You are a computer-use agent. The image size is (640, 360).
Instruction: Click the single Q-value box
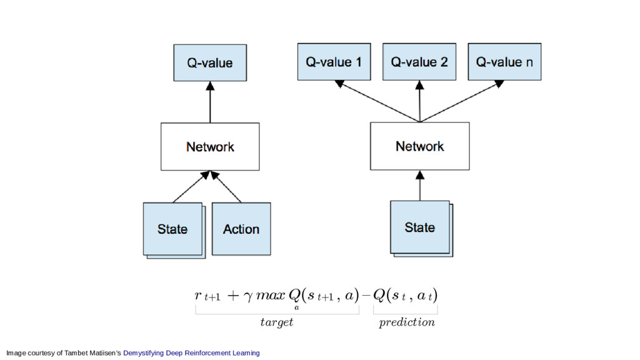tap(210, 63)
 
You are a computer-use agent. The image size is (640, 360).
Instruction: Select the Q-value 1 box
tap(334, 62)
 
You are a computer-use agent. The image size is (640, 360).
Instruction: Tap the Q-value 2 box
tap(419, 62)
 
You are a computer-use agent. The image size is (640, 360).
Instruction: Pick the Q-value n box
tap(504, 62)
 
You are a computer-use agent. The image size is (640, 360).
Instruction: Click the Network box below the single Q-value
tap(210, 146)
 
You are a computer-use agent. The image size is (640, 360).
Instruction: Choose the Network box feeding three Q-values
tap(419, 146)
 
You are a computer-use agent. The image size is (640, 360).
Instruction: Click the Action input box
tap(241, 229)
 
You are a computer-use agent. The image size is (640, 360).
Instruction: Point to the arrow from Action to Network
tap(226, 187)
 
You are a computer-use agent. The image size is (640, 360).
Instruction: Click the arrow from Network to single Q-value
tap(210, 102)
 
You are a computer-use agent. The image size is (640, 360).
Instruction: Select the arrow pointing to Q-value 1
tap(377, 101)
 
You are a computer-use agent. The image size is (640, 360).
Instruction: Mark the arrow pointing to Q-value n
tap(462, 101)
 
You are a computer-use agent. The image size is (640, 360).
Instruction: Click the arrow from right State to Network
tap(420, 185)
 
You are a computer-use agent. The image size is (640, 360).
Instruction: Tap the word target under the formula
tap(277, 322)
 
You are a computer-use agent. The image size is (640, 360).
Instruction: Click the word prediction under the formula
tap(406, 322)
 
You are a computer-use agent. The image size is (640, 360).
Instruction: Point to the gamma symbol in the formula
tap(247, 296)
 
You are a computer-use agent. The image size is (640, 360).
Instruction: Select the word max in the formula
tap(270, 295)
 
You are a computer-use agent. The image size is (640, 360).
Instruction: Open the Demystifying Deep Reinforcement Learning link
tap(191, 352)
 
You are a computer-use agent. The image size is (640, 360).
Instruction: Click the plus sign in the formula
tap(232, 295)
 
